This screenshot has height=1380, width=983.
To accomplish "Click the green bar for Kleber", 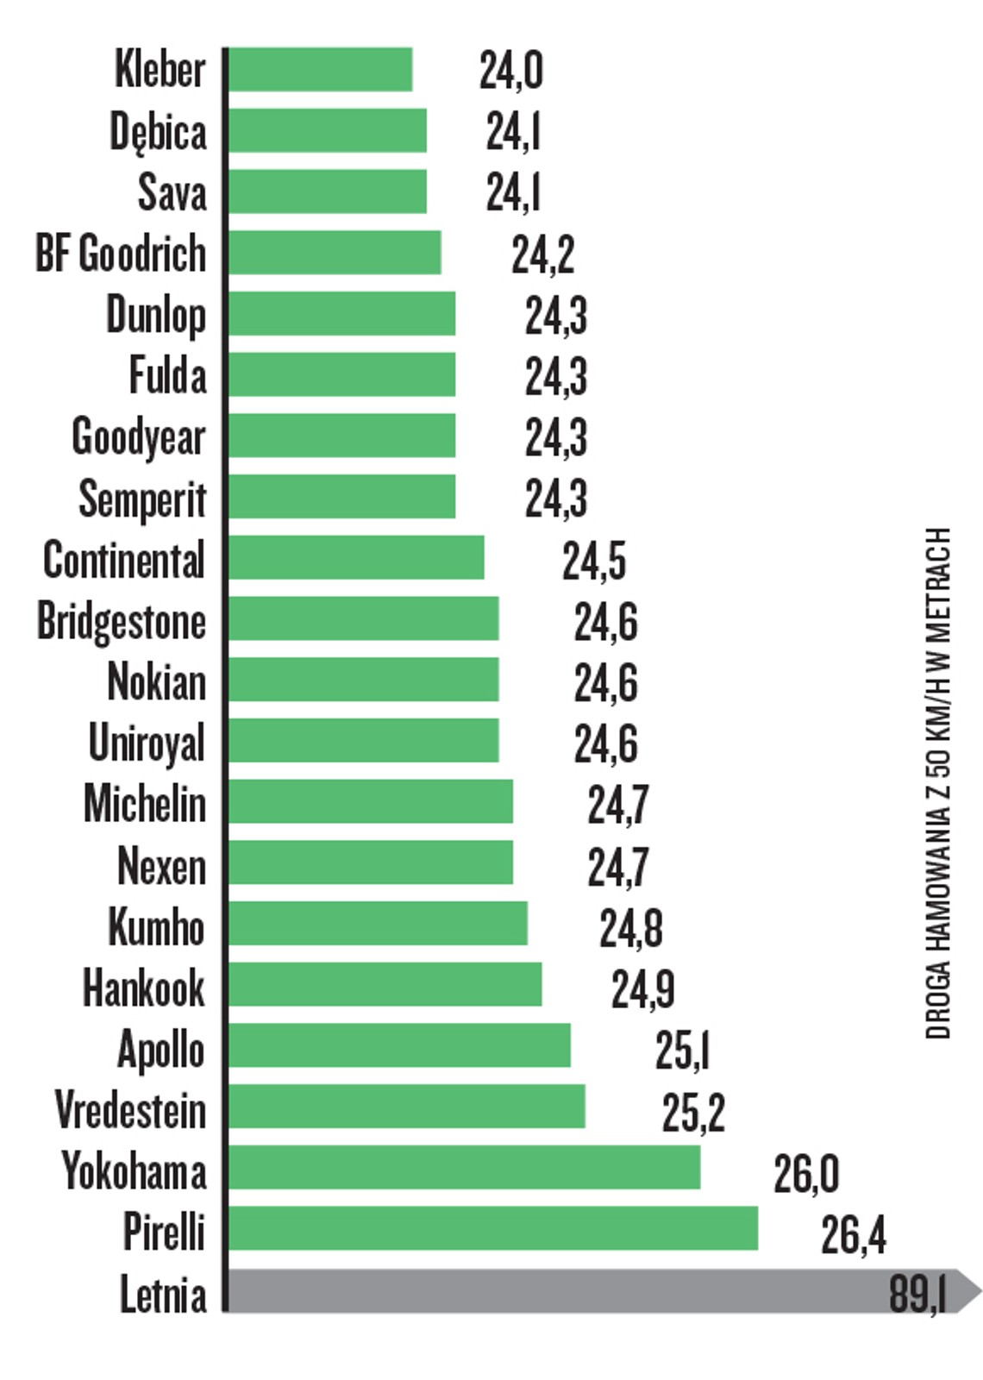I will pos(320,70).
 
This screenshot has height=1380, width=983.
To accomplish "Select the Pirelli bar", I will pos(493,1228).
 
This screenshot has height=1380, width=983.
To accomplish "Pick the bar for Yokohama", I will pos(464,1168).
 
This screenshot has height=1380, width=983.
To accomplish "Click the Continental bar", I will pos(356,558).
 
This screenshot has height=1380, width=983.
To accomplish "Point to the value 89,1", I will pos(917,1294).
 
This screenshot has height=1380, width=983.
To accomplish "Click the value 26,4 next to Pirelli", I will pos(852,1234).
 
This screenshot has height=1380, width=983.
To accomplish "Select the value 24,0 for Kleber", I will pos(510,71).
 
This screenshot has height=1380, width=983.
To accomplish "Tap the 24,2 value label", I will pos(542,254).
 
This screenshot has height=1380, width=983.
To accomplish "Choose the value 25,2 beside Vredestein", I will pos(692,1113).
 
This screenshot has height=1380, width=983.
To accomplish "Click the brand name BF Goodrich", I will pos(121,254).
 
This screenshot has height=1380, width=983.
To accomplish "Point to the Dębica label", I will pos(158,133).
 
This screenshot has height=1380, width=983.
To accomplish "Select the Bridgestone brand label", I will pos(122,622).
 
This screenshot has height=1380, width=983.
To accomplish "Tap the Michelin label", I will pos(145,804).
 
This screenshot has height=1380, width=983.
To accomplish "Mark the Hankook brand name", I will pos(144,988).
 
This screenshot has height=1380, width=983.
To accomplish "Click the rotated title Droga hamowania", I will pos(938,783).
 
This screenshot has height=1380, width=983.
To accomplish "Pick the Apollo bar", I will pos(399,1045).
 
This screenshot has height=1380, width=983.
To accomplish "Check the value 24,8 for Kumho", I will pos(630,929).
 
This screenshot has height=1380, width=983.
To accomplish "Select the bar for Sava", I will pos(328,191).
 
